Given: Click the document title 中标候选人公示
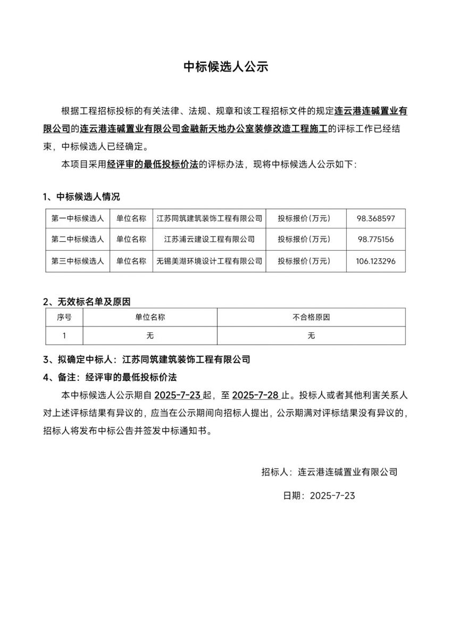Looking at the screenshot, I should click(225, 67).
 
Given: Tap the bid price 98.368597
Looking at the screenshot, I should click(375, 218).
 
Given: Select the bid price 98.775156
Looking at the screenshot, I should click(375, 240).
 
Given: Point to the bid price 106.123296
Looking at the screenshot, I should click(375, 261).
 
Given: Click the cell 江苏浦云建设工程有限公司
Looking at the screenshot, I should click(209, 240).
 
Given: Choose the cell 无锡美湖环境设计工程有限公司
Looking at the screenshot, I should click(209, 261).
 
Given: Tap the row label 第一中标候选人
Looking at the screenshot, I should click(78, 218).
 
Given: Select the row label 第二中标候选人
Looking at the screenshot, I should click(78, 240).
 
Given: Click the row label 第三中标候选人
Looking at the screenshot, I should click(78, 261).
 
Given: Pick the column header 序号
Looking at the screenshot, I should click(64, 317).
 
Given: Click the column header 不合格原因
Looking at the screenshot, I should click(311, 317).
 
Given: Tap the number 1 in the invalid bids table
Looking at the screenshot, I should click(64, 335).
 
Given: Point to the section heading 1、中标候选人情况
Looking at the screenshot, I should click(81, 197).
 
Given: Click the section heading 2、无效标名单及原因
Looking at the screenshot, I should click(87, 302).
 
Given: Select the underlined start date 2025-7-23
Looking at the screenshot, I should click(177, 395).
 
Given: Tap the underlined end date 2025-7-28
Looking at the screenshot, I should click(256, 395).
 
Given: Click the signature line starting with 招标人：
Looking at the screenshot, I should click(330, 471).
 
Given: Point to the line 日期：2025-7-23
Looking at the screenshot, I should click(319, 495).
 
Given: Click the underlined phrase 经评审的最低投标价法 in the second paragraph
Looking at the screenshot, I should click(152, 165).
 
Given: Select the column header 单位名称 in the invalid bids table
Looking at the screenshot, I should click(150, 317).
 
